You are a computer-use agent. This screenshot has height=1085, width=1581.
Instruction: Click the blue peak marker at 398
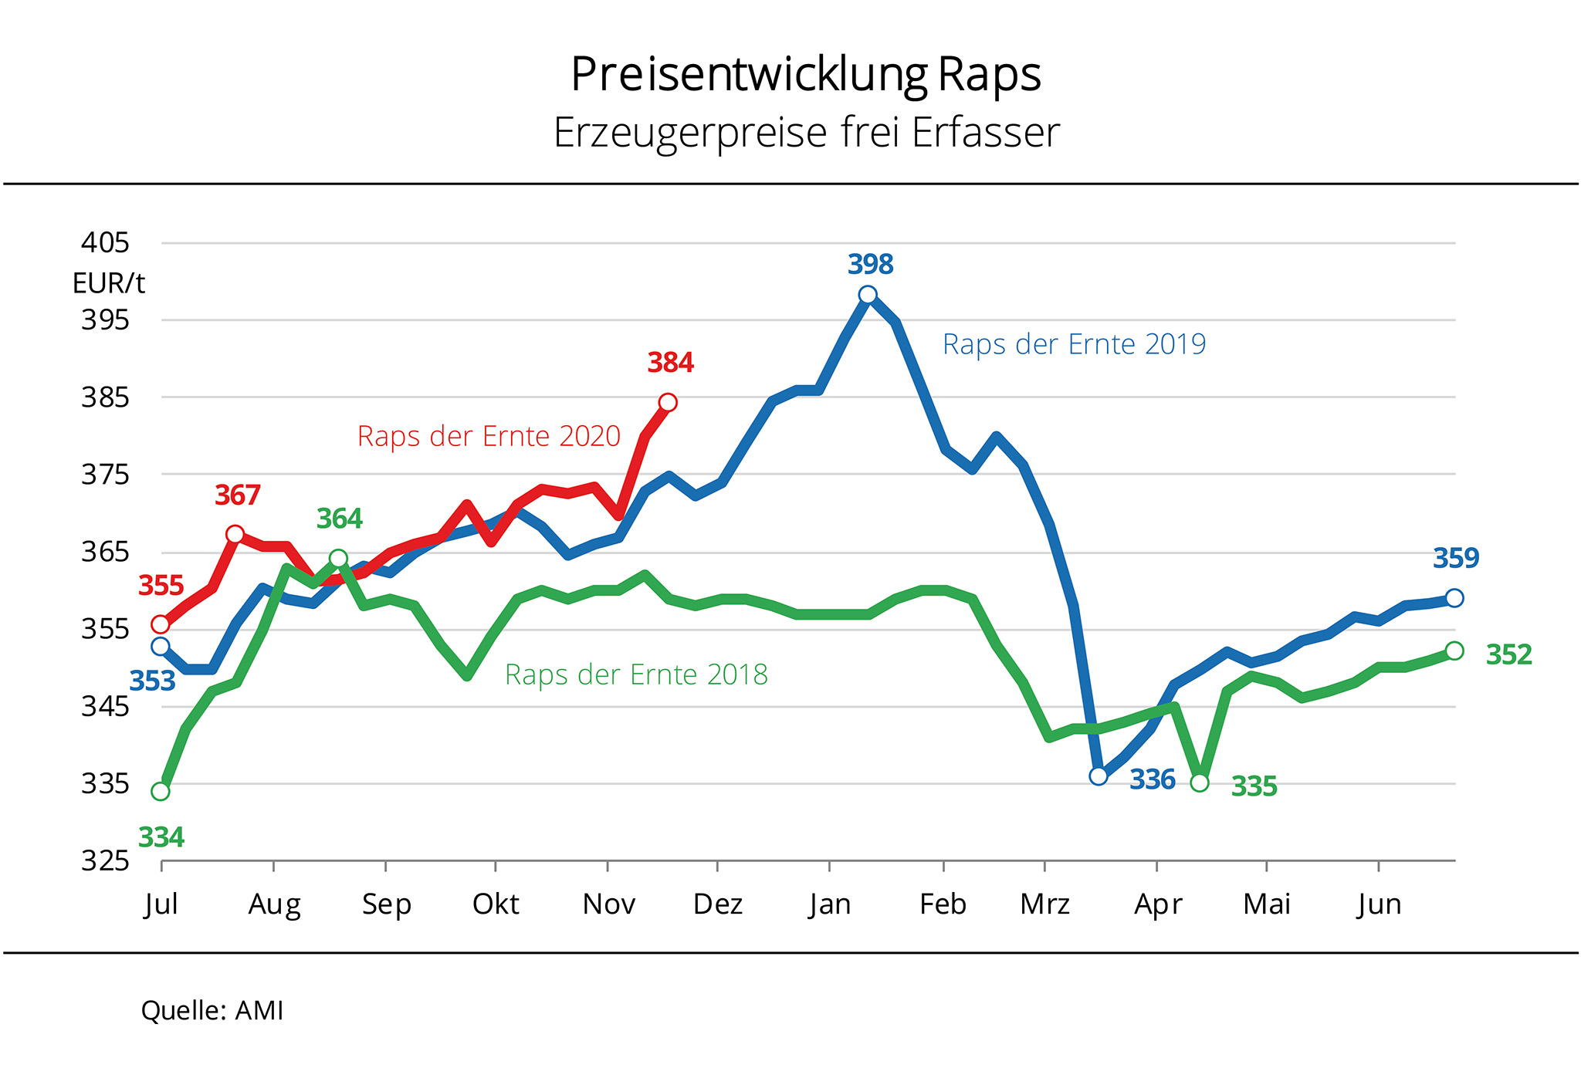pyautogui.click(x=868, y=295)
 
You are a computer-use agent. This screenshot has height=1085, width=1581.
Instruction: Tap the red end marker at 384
pyautogui.click(x=668, y=402)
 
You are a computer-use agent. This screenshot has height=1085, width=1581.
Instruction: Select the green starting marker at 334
pyautogui.click(x=161, y=791)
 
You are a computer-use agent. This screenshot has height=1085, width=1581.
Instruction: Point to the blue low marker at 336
pyautogui.click(x=1099, y=776)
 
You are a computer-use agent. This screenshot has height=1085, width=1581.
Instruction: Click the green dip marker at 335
pyautogui.click(x=1199, y=782)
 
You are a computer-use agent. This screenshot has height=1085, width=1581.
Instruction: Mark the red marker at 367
pyautogui.click(x=235, y=534)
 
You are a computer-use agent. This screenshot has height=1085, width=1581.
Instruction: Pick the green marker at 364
pyautogui.click(x=338, y=558)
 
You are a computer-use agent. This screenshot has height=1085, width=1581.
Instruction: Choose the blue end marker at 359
pyautogui.click(x=1454, y=598)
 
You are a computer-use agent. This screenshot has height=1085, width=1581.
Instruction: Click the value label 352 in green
pyautogui.click(x=1508, y=654)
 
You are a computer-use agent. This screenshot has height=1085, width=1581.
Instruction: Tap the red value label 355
pyautogui.click(x=161, y=586)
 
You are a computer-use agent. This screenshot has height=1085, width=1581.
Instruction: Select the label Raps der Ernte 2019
pyautogui.click(x=1074, y=344)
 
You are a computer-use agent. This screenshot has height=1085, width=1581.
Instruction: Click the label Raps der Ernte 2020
pyautogui.click(x=489, y=437)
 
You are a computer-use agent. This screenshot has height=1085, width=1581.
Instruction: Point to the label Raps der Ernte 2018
pyautogui.click(x=636, y=675)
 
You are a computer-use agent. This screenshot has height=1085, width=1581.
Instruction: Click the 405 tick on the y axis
pyautogui.click(x=105, y=243)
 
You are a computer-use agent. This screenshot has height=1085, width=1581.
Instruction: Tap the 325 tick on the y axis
pyautogui.click(x=105, y=860)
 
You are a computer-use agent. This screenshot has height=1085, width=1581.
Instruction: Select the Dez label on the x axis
pyautogui.click(x=717, y=904)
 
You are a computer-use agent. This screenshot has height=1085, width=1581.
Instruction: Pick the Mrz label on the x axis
pyautogui.click(x=1044, y=904)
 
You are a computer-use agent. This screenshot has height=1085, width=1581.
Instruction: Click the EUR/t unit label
pyautogui.click(x=108, y=283)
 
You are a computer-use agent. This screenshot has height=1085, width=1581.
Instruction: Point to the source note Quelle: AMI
pyautogui.click(x=212, y=1010)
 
